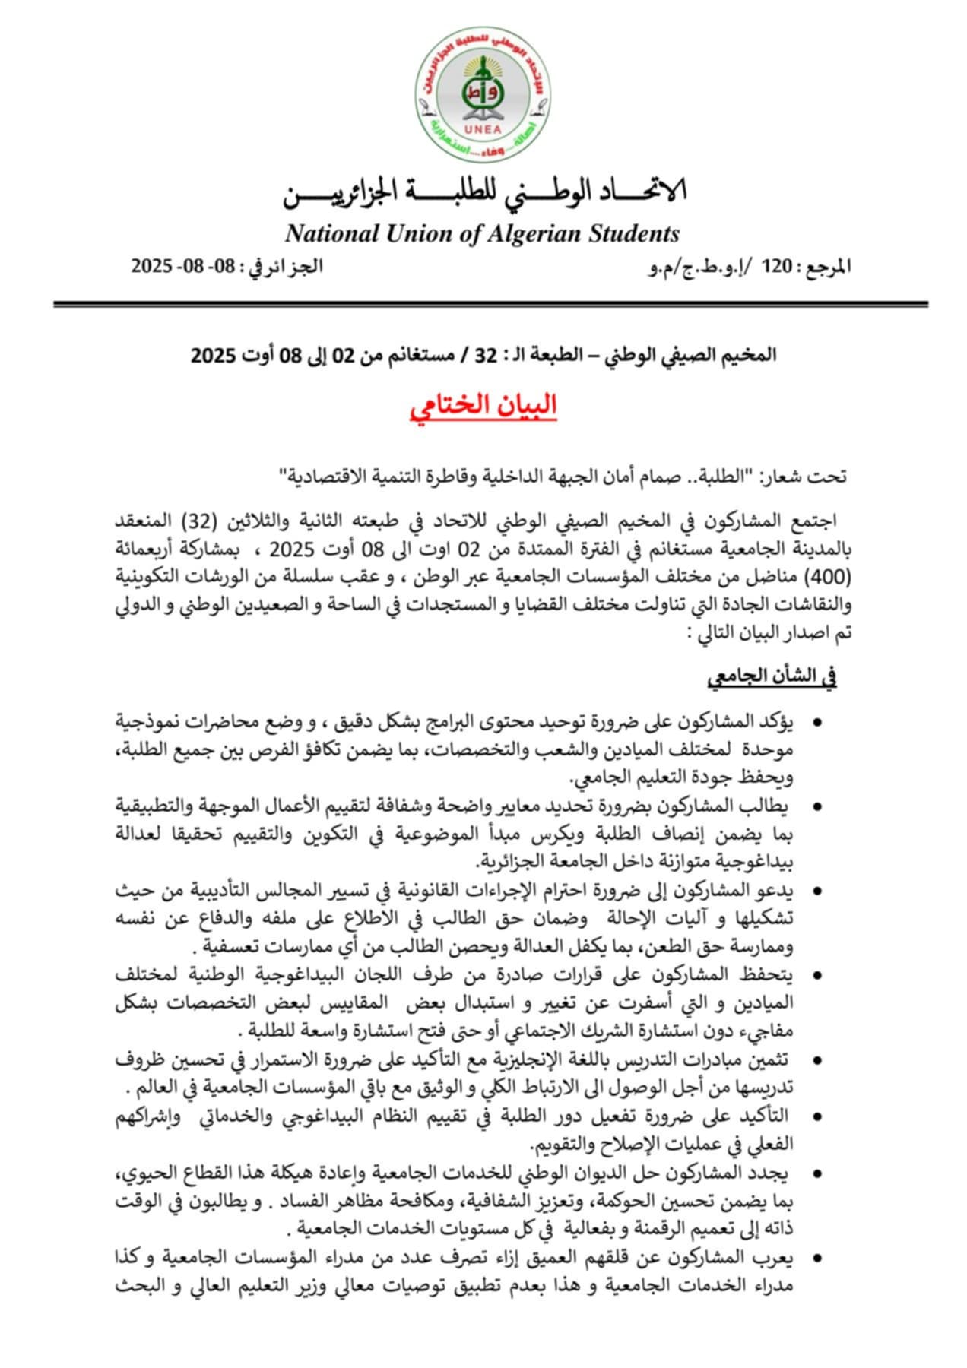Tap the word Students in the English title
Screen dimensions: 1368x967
[634, 233]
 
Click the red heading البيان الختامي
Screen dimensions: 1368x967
[483, 405]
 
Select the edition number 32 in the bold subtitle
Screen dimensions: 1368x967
[485, 355]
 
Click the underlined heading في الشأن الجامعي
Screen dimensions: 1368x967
[772, 678]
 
